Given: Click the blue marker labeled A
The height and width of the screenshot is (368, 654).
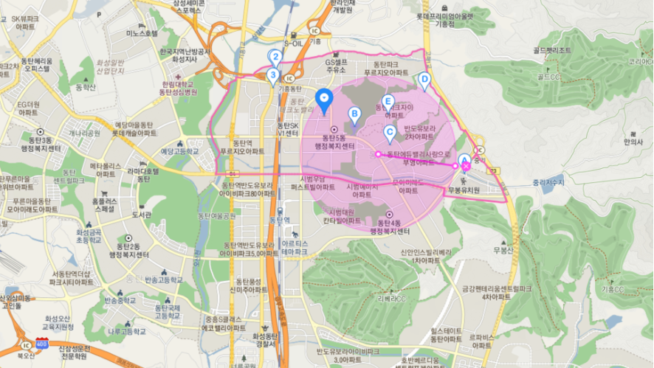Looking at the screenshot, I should (464, 159).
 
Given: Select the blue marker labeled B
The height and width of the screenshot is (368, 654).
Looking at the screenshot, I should (354, 114).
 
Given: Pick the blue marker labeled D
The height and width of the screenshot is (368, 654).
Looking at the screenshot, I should (424, 80).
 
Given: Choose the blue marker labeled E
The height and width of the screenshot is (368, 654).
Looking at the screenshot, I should (388, 103).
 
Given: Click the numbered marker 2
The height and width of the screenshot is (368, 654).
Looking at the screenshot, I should (275, 57).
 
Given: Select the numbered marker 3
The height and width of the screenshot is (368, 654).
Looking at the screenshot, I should (274, 74).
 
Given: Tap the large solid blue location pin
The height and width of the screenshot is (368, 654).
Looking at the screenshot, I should (324, 99).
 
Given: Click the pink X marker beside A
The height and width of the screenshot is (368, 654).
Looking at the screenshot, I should (466, 167).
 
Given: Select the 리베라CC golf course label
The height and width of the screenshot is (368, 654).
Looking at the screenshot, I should (392, 299).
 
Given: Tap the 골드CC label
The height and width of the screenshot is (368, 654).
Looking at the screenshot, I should (550, 77).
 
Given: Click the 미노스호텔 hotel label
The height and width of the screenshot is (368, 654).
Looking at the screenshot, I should (142, 34).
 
